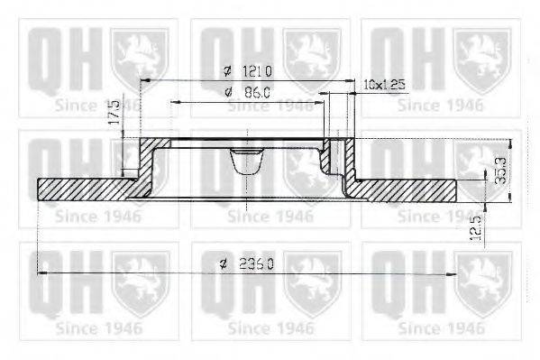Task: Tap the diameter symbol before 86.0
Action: tap(227, 92)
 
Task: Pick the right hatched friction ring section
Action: tap(406, 189)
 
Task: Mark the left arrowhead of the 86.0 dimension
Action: tap(174, 102)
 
